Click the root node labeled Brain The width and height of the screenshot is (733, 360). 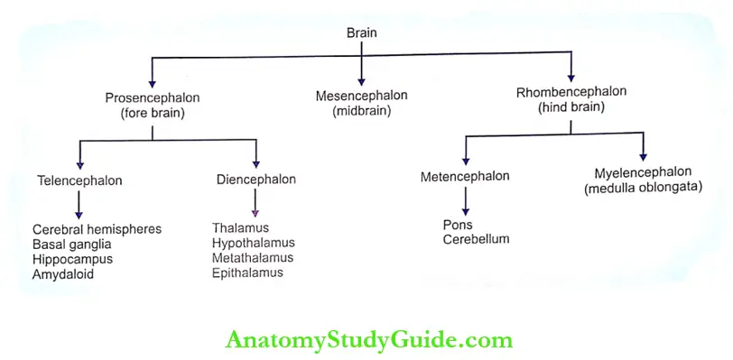(362, 32)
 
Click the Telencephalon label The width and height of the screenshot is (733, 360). (79, 180)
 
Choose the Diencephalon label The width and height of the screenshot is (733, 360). (256, 180)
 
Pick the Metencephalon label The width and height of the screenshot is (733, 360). (465, 176)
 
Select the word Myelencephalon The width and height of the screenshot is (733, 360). (643, 172)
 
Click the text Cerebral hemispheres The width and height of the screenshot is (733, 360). (97, 229)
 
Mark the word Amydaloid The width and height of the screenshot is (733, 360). (63, 274)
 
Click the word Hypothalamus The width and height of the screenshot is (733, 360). (253, 243)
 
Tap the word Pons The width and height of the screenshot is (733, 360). (458, 224)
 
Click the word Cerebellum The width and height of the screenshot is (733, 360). (476, 239)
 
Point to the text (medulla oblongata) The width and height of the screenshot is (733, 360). (643, 188)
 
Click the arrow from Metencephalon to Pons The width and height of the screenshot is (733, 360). (465, 199)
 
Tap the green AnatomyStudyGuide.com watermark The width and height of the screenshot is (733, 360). (368, 340)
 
